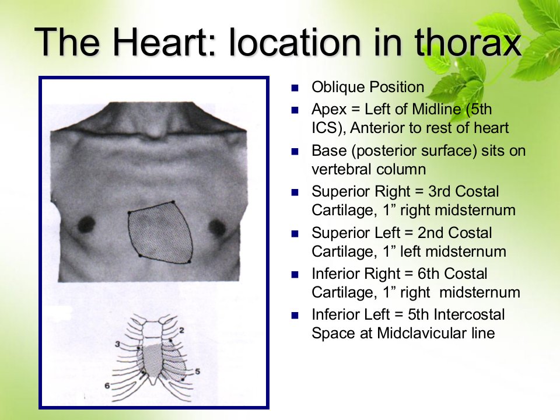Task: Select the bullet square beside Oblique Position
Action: click(295, 88)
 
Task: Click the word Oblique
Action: click(338, 87)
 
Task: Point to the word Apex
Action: click(329, 109)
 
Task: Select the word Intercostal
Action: click(469, 314)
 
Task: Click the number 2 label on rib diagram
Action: click(181, 330)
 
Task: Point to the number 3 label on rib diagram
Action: click(117, 344)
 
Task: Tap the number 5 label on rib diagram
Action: click(198, 372)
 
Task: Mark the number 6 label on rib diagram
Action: click(107, 386)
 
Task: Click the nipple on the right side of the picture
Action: click(217, 228)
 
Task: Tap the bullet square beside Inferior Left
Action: click(295, 316)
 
